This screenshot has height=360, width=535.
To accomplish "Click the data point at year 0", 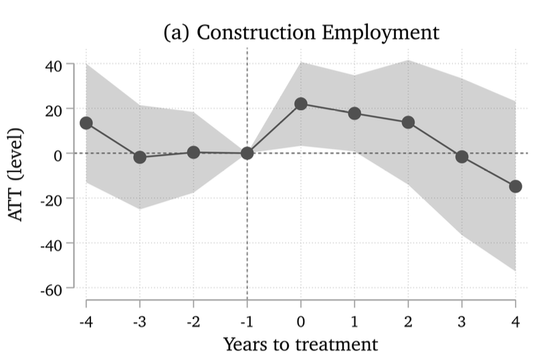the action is tap(300, 104).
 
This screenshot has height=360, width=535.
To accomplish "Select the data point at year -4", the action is tap(86, 123).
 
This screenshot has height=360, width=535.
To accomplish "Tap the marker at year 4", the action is tap(515, 187).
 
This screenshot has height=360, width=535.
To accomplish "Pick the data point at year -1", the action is tap(247, 153).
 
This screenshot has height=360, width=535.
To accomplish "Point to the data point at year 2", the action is tap(408, 122).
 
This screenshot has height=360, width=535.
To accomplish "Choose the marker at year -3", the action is tap(140, 157).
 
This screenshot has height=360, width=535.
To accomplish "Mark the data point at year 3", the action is tap(461, 157).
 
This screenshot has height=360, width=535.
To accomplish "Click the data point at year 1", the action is tap(354, 113).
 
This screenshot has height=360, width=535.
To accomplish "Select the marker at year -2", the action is tap(193, 153).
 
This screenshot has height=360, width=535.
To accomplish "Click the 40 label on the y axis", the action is tap(53, 66).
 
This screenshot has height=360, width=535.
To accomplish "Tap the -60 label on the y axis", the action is tap(51, 290).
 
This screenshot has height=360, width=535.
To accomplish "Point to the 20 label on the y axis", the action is tap(53, 110).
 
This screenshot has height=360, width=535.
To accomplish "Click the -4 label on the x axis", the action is tap(86, 322).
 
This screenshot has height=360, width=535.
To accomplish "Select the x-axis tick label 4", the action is tap(516, 322).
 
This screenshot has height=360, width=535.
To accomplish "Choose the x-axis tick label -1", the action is tap(247, 322).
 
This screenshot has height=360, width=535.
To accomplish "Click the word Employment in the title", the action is tap(381, 33).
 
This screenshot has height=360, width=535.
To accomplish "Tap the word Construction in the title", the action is tap(256, 33).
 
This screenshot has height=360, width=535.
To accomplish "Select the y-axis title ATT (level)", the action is tap(15, 175).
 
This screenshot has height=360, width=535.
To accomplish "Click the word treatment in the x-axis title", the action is tap(336, 345).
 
